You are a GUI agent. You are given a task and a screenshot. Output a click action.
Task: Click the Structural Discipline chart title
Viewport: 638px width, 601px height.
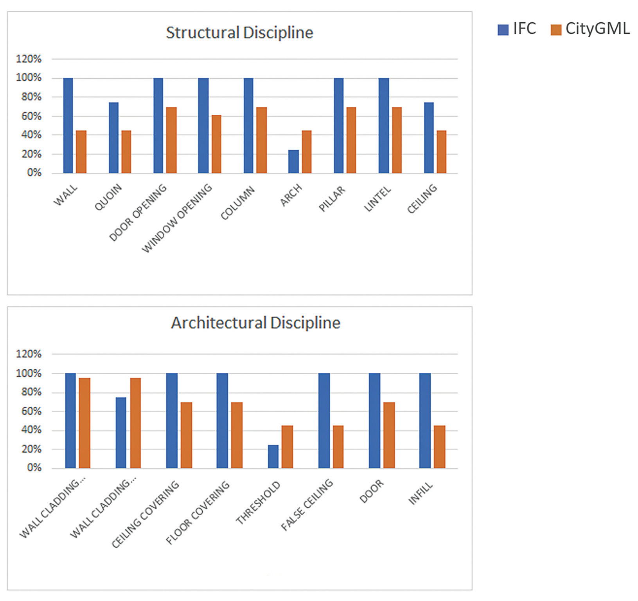(x=239, y=32)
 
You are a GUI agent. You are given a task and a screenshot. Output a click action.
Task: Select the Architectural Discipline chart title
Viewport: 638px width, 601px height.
(x=255, y=323)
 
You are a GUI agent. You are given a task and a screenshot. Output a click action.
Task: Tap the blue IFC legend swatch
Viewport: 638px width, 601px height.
(x=503, y=29)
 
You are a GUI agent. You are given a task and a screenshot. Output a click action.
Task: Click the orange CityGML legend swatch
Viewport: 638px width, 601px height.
(x=555, y=29)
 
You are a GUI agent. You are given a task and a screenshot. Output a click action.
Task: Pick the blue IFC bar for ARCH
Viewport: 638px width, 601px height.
(x=293, y=161)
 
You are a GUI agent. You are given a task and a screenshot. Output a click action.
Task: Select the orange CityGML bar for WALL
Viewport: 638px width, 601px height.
(x=81, y=152)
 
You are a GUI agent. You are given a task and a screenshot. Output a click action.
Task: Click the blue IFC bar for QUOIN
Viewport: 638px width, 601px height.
(x=113, y=138)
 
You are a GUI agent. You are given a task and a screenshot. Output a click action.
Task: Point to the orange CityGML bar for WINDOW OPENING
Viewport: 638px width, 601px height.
(x=216, y=144)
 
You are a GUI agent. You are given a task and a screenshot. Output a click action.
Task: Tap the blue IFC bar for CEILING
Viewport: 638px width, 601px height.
(x=429, y=138)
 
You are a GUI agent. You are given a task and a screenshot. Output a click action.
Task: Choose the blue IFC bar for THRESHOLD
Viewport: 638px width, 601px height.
(x=273, y=457)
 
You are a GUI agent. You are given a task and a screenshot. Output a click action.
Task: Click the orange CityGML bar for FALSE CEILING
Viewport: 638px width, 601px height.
(x=338, y=447)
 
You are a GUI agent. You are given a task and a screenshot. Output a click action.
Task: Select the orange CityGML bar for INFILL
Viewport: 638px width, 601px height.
(x=440, y=447)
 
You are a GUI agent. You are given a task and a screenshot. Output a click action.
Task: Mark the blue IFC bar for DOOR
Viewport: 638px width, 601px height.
(x=374, y=421)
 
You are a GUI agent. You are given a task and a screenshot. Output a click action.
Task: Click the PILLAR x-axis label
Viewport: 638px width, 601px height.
(x=332, y=199)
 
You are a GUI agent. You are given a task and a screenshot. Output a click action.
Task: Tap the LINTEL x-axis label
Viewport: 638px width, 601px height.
(x=378, y=199)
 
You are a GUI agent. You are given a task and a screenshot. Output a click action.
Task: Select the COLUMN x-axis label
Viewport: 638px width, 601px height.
(x=238, y=203)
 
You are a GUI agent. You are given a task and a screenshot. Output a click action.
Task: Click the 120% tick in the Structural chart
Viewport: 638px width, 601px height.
(x=29, y=59)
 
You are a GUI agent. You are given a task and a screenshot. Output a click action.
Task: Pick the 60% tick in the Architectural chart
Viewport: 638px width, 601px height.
(x=31, y=411)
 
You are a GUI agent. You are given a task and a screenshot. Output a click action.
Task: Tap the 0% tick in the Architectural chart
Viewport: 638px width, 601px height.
(x=34, y=468)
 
